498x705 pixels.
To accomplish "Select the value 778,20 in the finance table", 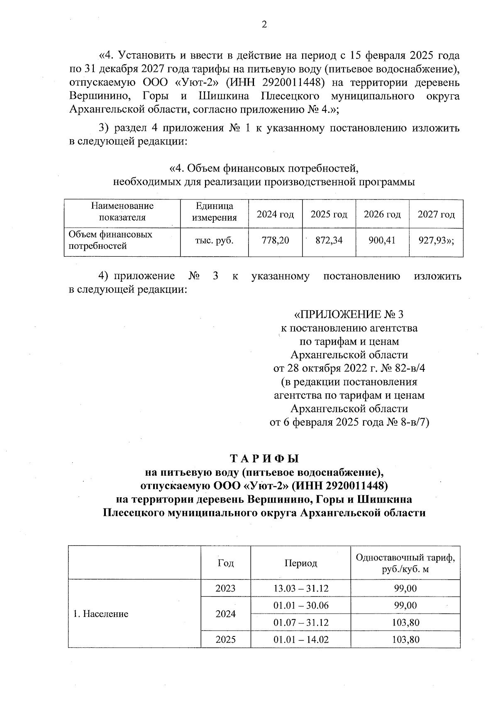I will pyautogui.click(x=275, y=240).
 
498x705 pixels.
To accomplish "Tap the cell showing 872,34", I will pyautogui.click(x=329, y=240).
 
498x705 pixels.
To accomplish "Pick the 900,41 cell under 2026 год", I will pyautogui.click(x=382, y=240).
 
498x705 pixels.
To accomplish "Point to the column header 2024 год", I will pyautogui.click(x=275, y=214).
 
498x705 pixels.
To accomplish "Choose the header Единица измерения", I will pyautogui.click(x=214, y=212).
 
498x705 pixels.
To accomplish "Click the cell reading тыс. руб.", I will pyautogui.click(x=214, y=240).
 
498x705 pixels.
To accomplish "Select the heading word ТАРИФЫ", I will pyautogui.click(x=264, y=459).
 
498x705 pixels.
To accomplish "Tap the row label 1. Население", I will pyautogui.click(x=101, y=614).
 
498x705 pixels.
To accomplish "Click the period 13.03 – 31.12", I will pyautogui.click(x=300, y=588).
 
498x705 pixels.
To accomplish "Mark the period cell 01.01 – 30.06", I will pyautogui.click(x=300, y=605).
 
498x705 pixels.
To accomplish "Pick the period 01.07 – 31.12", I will pyautogui.click(x=300, y=622).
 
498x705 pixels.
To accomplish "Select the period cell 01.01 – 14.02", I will pyautogui.click(x=300, y=639).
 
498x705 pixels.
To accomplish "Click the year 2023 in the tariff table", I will pyautogui.click(x=225, y=588).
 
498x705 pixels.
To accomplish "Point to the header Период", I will pyautogui.click(x=300, y=563).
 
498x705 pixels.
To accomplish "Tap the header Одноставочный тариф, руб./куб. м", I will pyautogui.click(x=405, y=563).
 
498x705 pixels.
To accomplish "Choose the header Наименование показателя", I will pyautogui.click(x=122, y=212).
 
